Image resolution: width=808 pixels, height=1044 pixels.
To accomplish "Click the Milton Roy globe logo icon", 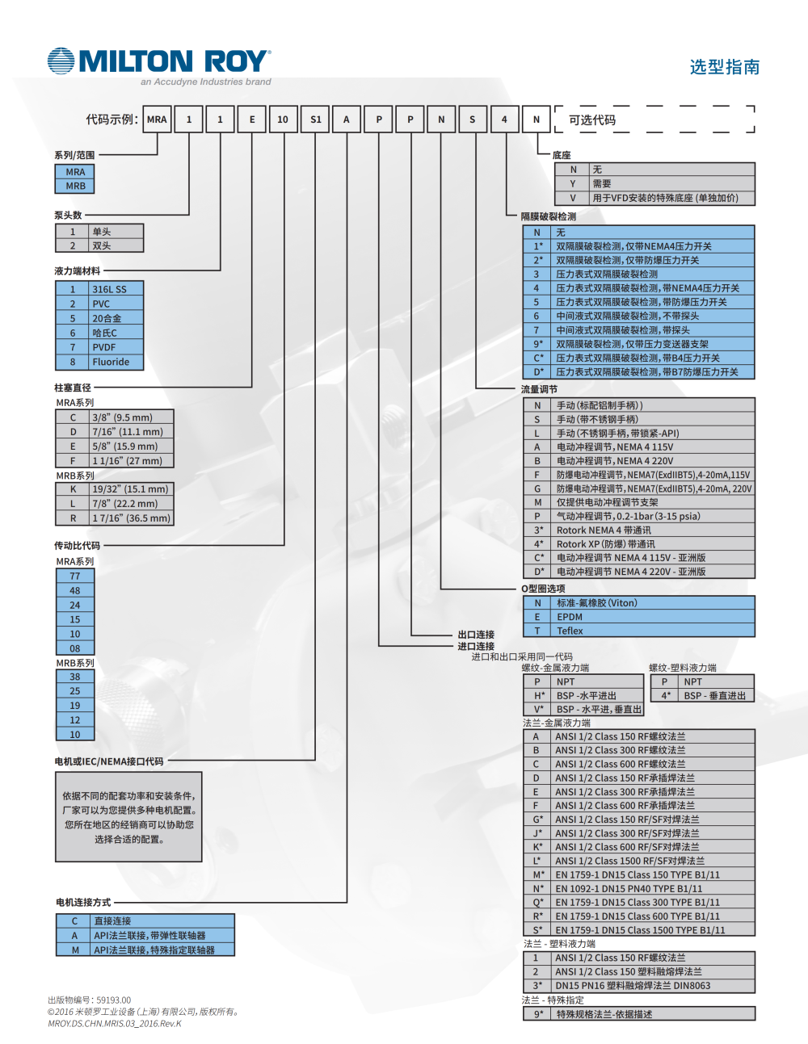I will point(61,61).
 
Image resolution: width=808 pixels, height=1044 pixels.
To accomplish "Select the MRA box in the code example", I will point(157,119).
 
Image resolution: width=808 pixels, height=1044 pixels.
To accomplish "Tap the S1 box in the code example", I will point(315,119).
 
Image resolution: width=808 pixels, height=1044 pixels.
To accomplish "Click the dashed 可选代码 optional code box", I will point(654,119).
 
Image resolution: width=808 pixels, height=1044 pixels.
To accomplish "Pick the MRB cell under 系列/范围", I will point(75,186).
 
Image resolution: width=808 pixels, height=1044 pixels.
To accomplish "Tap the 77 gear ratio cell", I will point(75,577).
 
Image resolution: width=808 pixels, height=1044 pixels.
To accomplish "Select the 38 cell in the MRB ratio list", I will point(75,677).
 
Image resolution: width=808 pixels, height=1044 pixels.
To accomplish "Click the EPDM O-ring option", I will point(570,617).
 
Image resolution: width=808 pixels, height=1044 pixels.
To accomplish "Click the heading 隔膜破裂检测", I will point(549,216).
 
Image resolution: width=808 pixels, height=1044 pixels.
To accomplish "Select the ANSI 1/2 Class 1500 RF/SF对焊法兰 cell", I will point(629,861).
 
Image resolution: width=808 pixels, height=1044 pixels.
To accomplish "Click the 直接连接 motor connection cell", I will point(112,921).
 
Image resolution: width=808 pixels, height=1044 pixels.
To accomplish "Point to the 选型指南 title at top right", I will point(725,67).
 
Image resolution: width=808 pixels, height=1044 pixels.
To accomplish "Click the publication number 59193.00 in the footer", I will point(113,1000).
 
